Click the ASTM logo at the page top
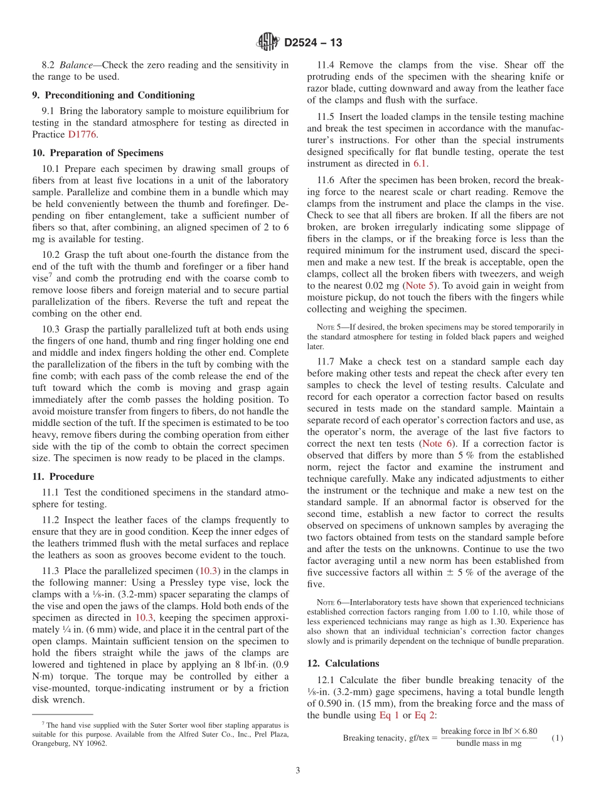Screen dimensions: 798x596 (268, 42)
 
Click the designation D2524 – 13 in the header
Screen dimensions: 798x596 (313, 43)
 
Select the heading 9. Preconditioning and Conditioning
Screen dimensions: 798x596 (113, 95)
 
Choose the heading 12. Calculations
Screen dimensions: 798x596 (343, 663)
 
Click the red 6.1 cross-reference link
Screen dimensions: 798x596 (420, 164)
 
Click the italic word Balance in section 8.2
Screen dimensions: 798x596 (78, 65)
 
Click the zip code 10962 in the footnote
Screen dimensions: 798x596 (95, 743)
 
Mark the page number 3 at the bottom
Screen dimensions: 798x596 (297, 770)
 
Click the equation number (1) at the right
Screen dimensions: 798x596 (557, 738)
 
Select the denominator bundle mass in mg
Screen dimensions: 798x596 (489, 743)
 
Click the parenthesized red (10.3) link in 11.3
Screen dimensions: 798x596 (208, 570)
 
